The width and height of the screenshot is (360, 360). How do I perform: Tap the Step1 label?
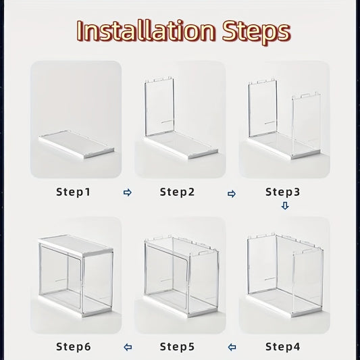pos(73,192)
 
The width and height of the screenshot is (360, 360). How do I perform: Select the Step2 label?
pos(178,192)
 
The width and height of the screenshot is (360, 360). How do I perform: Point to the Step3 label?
pos(282,192)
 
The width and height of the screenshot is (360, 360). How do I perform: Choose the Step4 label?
pos(282,347)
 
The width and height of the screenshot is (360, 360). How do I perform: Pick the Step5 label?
pos(178,347)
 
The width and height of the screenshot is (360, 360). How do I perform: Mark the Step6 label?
pos(73,347)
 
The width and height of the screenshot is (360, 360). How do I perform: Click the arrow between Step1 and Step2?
pos(128,193)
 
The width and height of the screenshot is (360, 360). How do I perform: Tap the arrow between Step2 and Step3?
pos(232,194)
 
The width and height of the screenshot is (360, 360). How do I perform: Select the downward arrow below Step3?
pos(284,206)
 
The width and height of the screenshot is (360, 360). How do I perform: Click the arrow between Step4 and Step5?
pos(232,348)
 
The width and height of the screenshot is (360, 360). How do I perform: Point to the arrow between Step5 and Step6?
pos(128,348)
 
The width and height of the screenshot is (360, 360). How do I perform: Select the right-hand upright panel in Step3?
pos(307,122)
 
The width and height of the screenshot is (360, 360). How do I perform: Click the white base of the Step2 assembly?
pos(182,145)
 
